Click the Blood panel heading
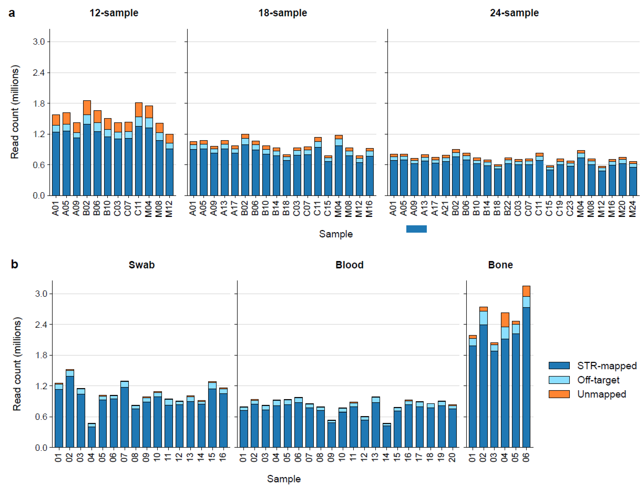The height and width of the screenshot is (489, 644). (x=349, y=265)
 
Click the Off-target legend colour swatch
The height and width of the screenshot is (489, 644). (x=559, y=380)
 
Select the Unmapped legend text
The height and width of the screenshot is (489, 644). (x=601, y=394)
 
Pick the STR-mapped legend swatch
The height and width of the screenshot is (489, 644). (x=559, y=366)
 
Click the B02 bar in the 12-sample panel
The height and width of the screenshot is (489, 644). (x=87, y=151)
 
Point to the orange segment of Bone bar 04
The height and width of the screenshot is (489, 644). (x=505, y=320)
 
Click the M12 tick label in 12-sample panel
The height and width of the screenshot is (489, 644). (x=169, y=209)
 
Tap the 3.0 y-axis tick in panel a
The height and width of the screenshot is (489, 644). (x=39, y=42)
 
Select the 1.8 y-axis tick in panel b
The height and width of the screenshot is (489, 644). (x=41, y=355)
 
